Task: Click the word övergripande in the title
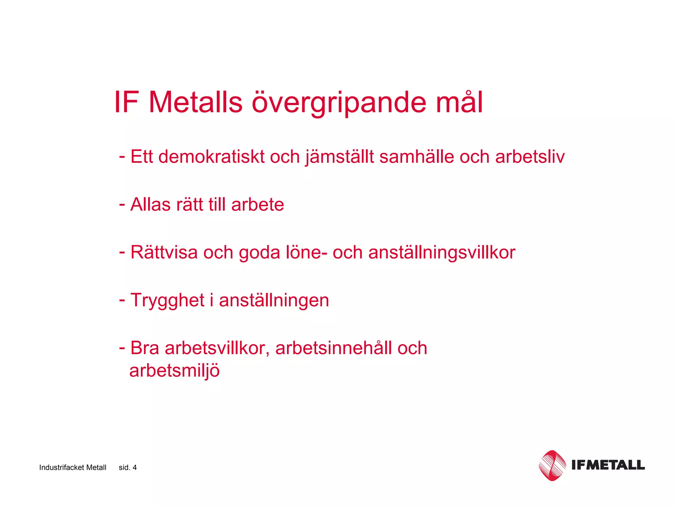click(339, 103)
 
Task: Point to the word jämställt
click(339, 157)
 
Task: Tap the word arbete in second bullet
click(257, 205)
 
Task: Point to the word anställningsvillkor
click(442, 253)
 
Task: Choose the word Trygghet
click(168, 301)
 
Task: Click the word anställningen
click(274, 301)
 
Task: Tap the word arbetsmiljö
click(174, 371)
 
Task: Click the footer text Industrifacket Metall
click(73, 467)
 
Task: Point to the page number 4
click(135, 467)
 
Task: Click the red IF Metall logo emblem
click(552, 465)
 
